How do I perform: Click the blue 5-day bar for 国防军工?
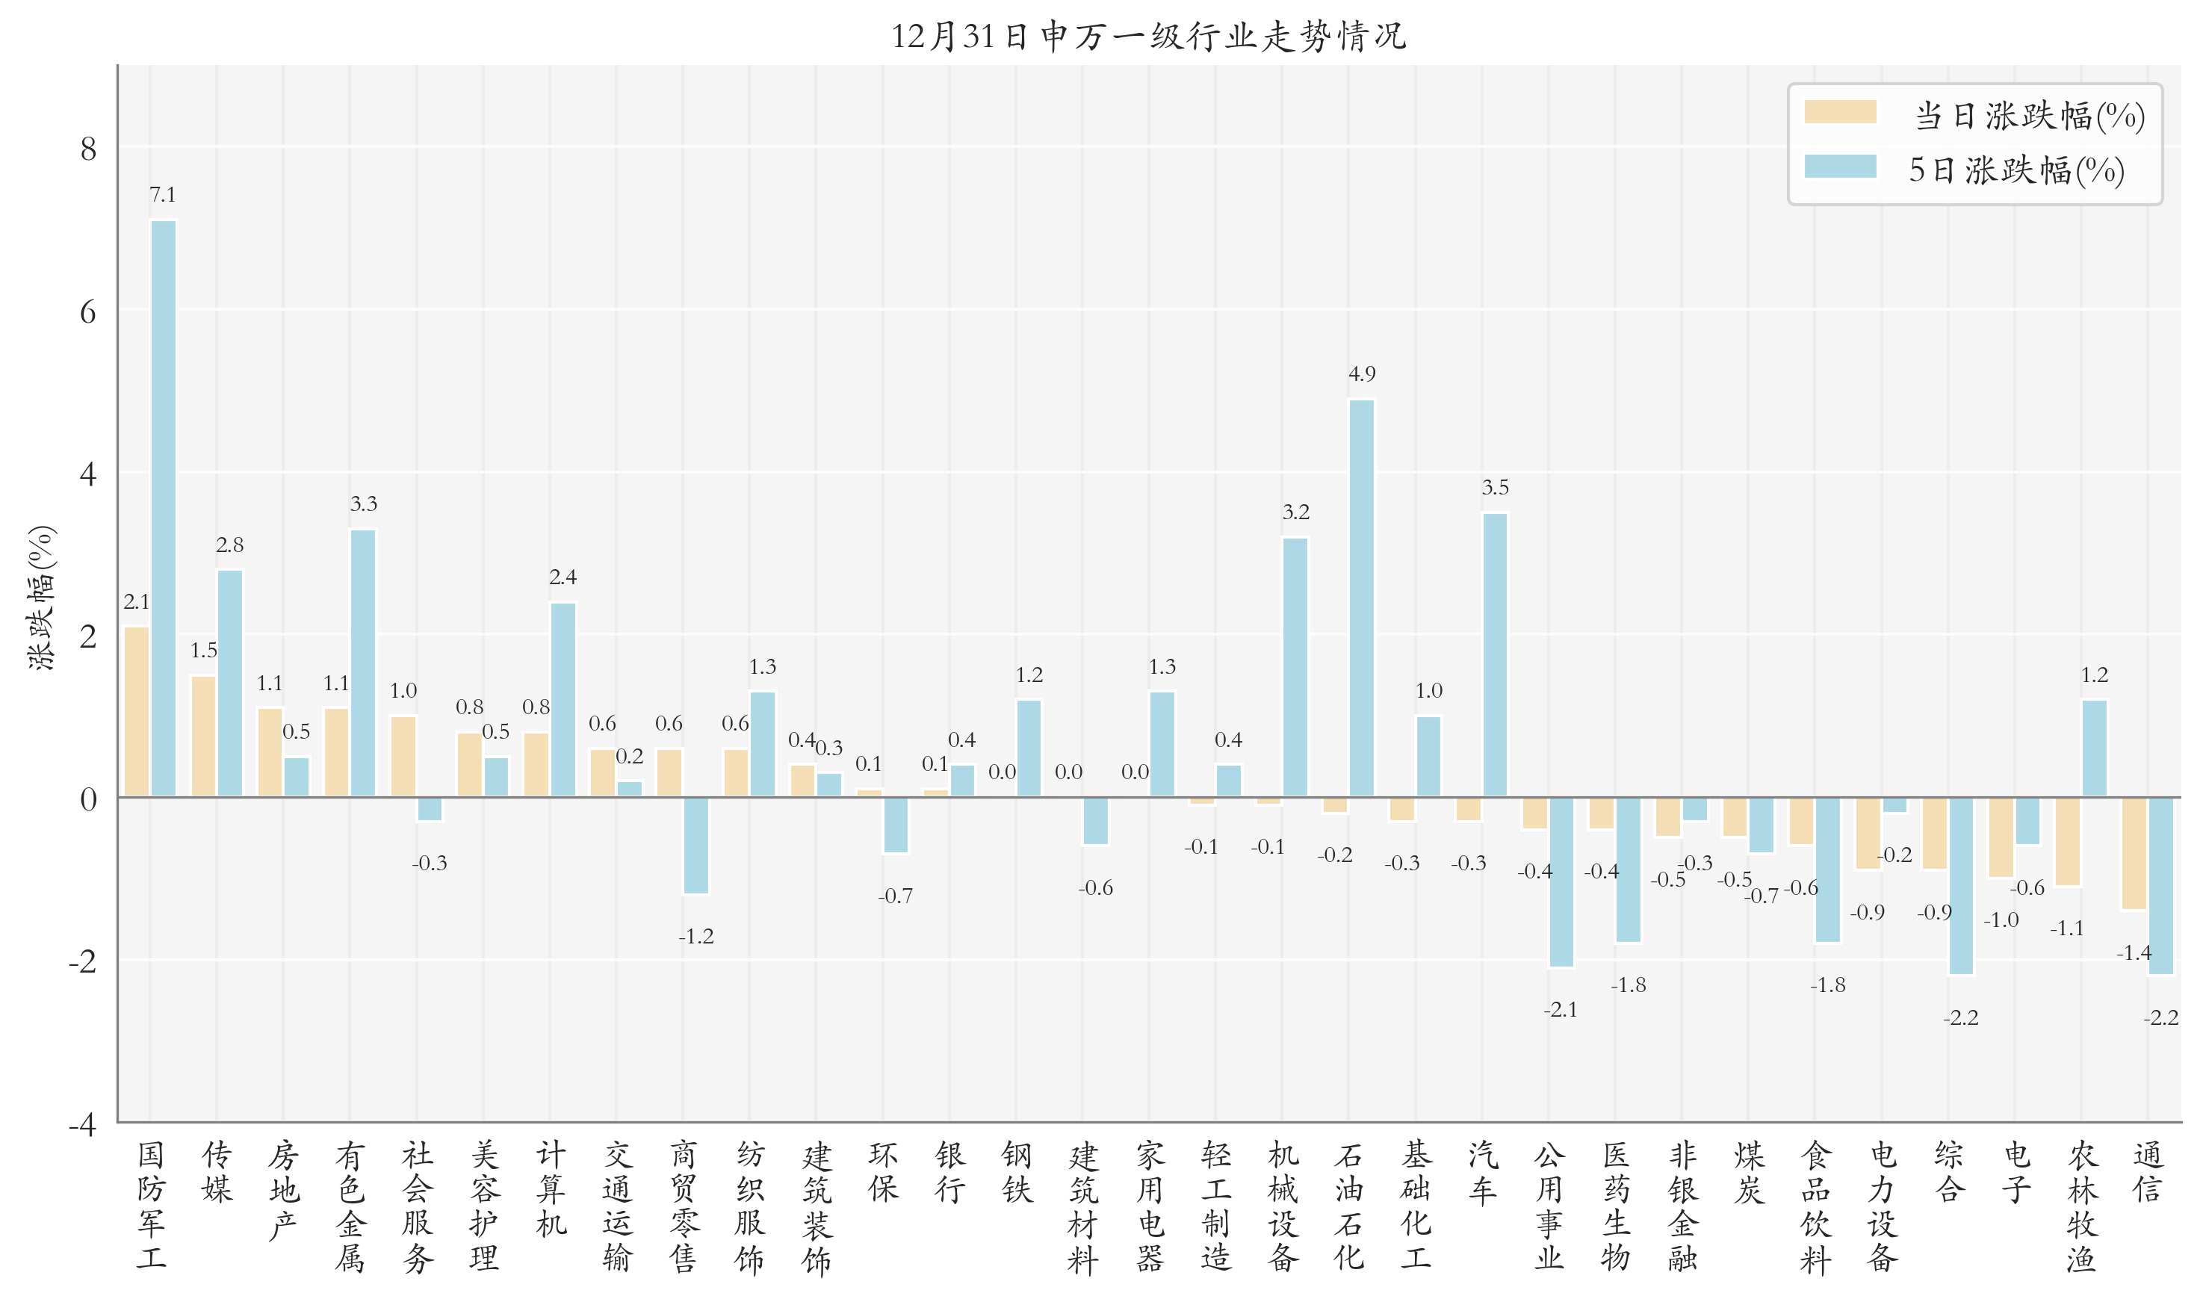163,509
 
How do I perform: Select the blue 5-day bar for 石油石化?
1362,598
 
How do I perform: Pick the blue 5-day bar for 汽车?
1495,655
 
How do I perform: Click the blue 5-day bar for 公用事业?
1561,881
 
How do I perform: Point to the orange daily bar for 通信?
2134,854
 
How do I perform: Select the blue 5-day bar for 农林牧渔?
2094,748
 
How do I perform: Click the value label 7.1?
162,195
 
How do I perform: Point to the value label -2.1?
1561,1010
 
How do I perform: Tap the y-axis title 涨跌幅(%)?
41,598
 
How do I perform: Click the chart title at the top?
1148,37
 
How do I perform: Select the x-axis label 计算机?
551,1190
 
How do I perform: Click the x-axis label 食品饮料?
1815,1207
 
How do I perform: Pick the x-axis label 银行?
950,1173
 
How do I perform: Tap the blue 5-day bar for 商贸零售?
695,846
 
